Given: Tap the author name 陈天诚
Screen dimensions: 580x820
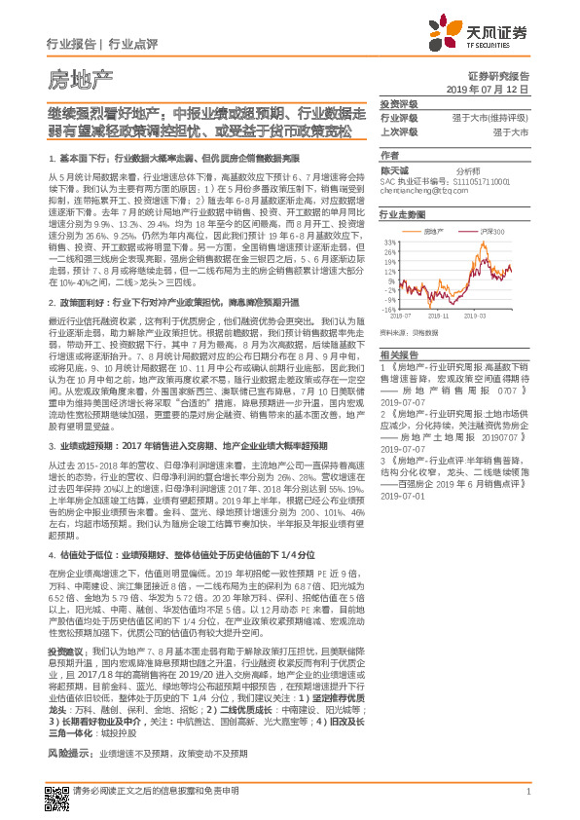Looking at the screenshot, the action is pos(394,169).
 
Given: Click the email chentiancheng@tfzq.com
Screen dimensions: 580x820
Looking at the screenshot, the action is pos(419,192).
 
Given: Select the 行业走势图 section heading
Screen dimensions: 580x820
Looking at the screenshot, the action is pos(402,213).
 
